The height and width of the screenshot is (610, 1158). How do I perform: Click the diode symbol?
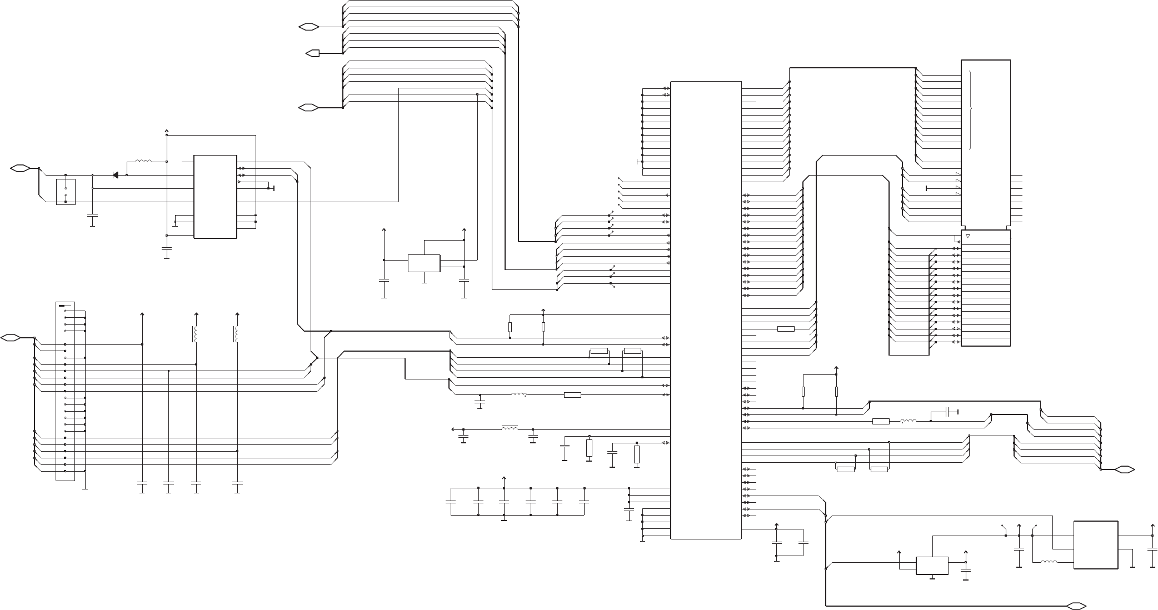click(115, 175)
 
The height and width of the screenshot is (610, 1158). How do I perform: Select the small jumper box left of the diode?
click(66, 191)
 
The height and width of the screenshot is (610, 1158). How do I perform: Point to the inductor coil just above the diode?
click(143, 162)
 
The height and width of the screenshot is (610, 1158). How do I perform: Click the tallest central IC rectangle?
click(706, 310)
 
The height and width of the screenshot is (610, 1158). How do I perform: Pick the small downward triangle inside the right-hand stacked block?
click(967, 237)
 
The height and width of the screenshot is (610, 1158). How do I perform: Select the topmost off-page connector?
click(308, 26)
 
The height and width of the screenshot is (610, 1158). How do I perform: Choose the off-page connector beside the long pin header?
click(11, 337)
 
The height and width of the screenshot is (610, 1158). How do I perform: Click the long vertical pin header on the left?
click(65, 392)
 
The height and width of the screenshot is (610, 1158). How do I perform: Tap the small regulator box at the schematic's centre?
click(424, 263)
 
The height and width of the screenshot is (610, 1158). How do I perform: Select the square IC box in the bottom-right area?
click(1096, 544)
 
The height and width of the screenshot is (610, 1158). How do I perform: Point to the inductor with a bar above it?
click(510, 429)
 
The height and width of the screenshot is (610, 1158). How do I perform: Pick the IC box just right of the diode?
click(215, 197)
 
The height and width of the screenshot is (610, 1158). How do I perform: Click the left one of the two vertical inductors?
click(195, 334)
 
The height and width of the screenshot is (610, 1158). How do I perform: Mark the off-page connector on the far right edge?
click(1124, 469)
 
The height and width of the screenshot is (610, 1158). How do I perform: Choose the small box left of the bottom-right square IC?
click(932, 566)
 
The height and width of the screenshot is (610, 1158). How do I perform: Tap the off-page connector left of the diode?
click(19, 168)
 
